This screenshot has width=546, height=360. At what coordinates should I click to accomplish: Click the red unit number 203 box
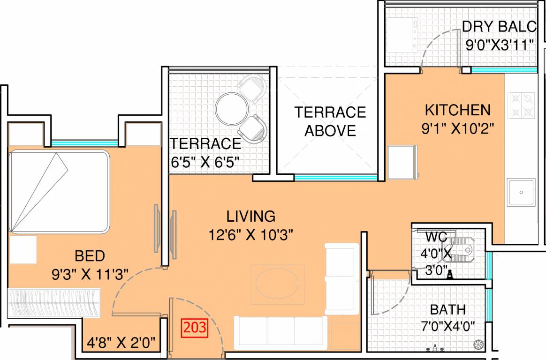[x=194, y=327]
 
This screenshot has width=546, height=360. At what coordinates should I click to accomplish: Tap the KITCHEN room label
[x=457, y=110]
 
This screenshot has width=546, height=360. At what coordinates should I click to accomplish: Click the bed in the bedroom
[x=59, y=191]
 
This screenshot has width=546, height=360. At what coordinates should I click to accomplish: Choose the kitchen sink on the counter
[x=521, y=192]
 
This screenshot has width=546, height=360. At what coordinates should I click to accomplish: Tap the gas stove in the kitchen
[x=521, y=105]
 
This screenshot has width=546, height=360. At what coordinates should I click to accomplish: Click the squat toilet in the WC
[x=459, y=251]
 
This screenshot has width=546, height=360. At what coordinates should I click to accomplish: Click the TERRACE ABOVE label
[x=330, y=121]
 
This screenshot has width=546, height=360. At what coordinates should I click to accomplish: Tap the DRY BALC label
[x=499, y=27]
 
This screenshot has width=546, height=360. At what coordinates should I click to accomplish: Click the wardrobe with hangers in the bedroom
[x=54, y=303]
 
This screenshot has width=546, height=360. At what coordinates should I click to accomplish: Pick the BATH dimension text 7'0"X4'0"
[x=448, y=325]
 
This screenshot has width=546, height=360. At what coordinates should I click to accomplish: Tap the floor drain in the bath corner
[x=478, y=344]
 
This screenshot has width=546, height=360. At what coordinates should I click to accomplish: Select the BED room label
[x=90, y=256]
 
